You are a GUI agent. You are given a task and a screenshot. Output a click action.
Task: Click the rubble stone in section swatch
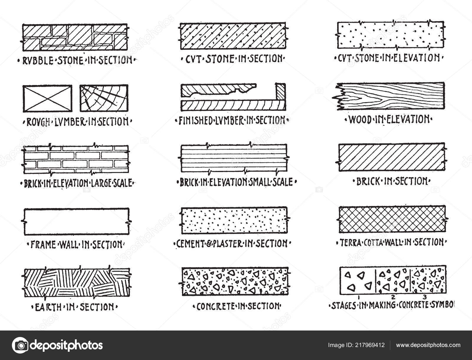click(75, 37)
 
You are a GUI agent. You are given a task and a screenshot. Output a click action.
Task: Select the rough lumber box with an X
click(47, 99)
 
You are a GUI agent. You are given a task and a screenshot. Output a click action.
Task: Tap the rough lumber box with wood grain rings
click(104, 98)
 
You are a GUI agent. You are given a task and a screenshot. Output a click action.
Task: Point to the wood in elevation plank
click(389, 96)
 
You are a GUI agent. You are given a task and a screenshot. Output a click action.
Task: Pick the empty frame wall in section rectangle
click(76, 221)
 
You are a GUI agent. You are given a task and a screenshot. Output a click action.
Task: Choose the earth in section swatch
click(76, 282)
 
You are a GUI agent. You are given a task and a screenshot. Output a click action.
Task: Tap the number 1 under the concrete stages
click(358, 298)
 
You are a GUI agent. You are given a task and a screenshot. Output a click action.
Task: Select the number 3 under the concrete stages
click(425, 297)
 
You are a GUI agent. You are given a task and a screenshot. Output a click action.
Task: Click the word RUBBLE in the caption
click(38, 60)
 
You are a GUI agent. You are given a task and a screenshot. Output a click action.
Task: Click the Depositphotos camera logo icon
click(20, 345)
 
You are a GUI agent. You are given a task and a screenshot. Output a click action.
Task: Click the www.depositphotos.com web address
click(428, 345)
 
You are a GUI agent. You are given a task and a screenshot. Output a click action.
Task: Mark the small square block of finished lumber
click(281, 91)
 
